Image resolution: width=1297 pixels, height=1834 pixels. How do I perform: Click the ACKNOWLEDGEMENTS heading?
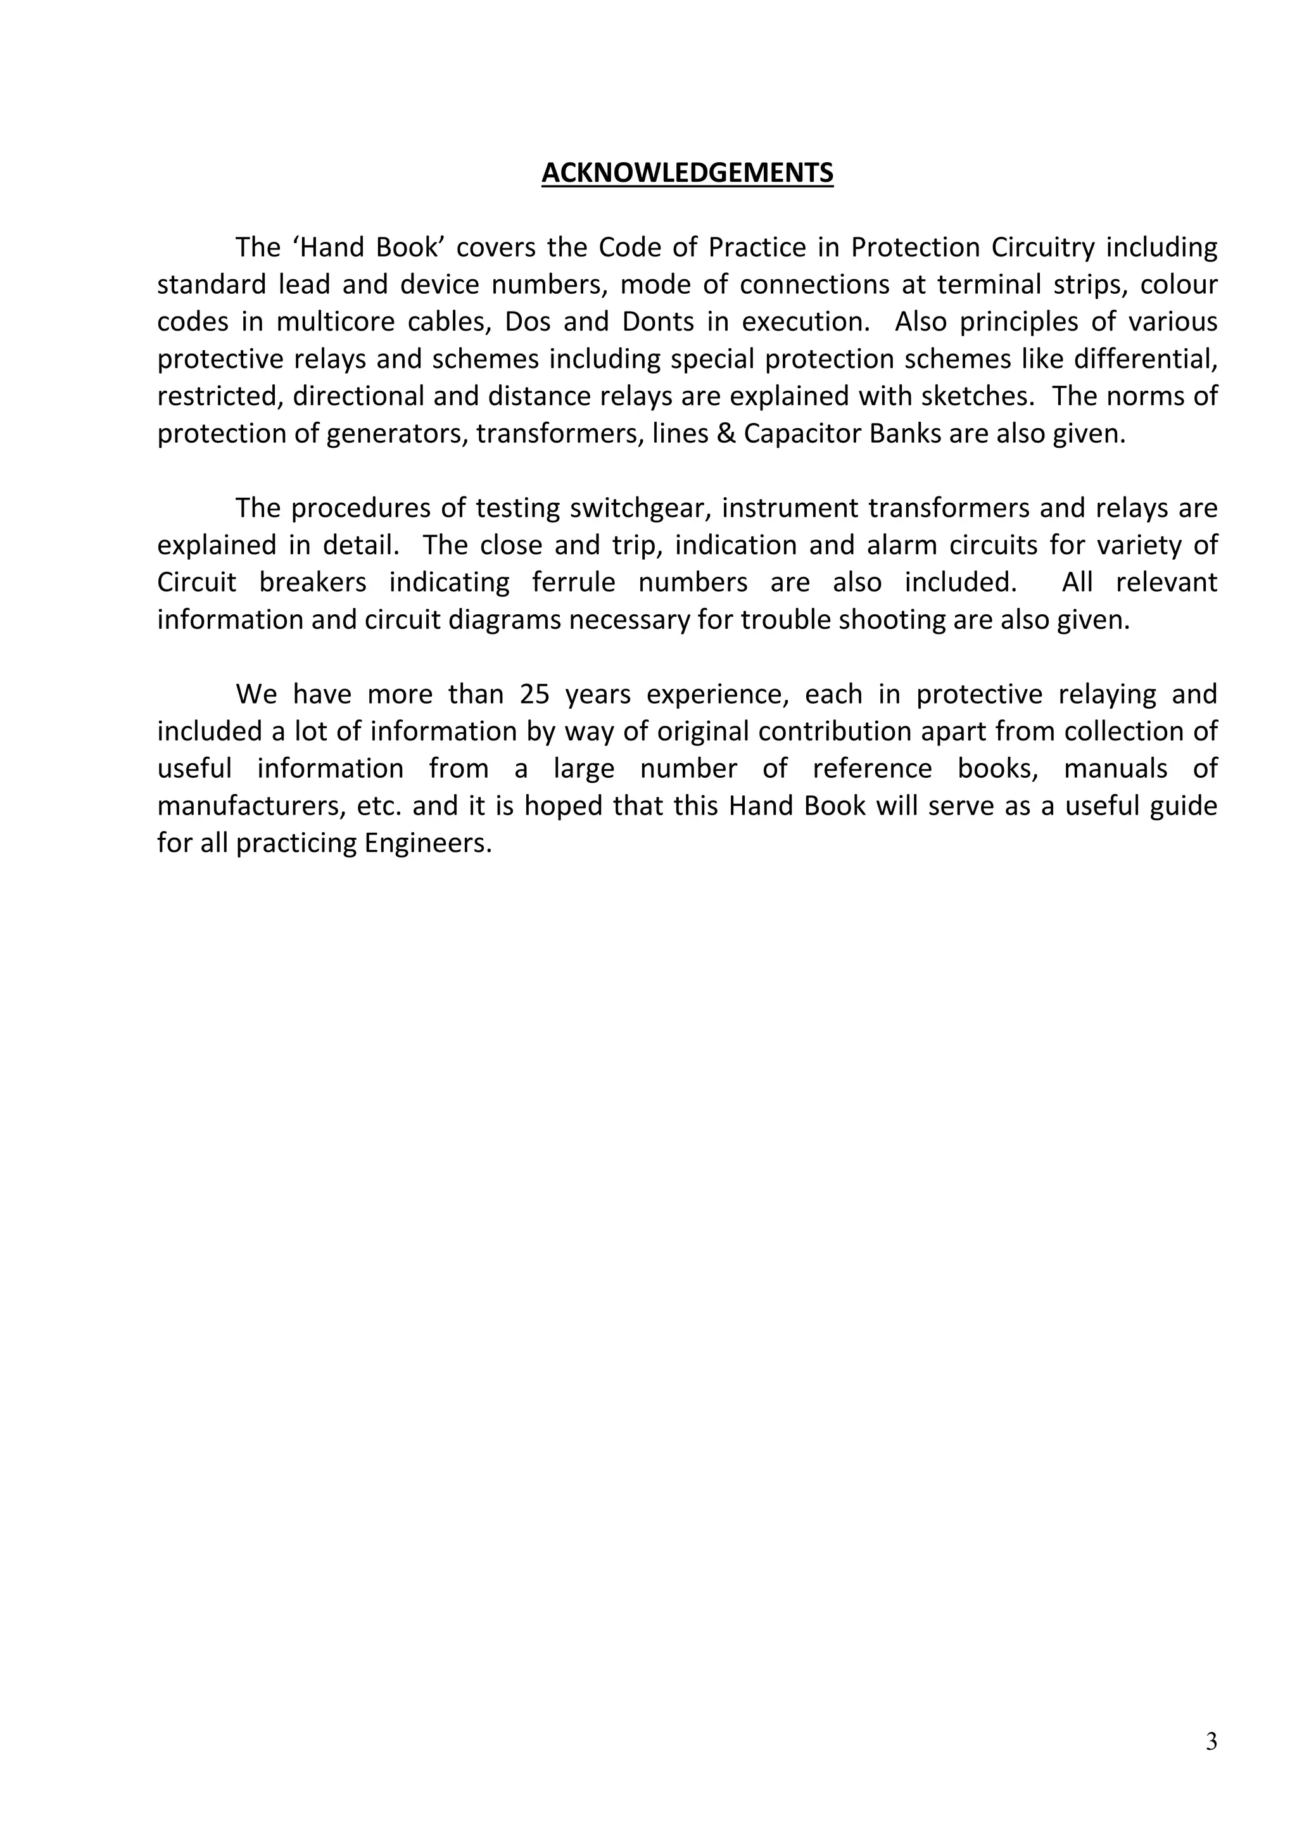pos(687,172)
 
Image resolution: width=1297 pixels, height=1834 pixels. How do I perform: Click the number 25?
pos(535,694)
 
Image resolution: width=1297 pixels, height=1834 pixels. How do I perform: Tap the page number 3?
pos(1211,1742)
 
